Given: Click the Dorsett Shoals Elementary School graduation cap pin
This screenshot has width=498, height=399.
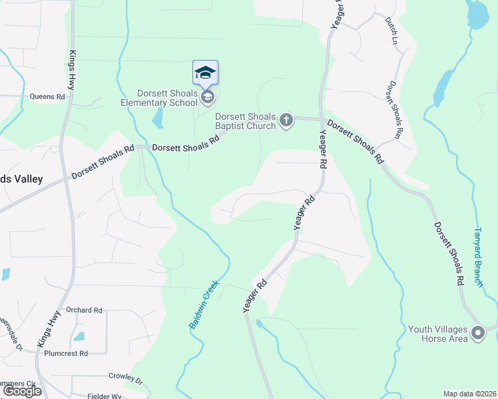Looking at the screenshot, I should (206, 73).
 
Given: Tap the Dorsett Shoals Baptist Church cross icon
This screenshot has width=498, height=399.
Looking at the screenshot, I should (286, 120).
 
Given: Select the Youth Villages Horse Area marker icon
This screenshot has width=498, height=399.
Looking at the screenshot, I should (477, 332).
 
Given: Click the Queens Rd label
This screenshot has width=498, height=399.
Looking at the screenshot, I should (47, 96).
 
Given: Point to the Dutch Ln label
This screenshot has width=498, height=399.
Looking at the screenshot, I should (391, 31).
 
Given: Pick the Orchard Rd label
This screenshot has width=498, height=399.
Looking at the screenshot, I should (84, 310).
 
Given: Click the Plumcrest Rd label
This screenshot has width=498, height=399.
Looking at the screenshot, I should (66, 353).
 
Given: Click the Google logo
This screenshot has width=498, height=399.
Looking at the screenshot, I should (22, 391).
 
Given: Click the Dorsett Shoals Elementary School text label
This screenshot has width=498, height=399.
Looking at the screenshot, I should (168, 98).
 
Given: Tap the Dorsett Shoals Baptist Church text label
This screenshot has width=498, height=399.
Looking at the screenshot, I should (246, 120).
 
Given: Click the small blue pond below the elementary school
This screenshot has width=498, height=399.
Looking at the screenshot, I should (158, 118).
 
